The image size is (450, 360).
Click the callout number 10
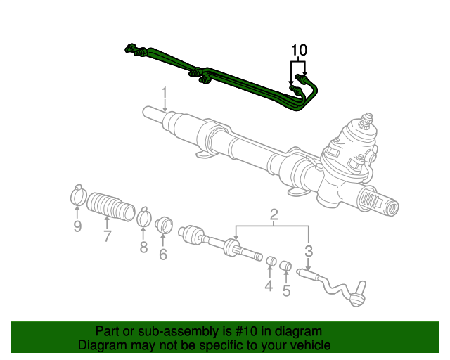(x=299, y=50)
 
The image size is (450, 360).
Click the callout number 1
(x=164, y=92)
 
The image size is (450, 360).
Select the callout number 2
(x=274, y=214)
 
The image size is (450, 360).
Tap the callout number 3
(x=308, y=251)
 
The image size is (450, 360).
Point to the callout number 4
(x=269, y=286)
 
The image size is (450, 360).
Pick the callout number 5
(x=286, y=290)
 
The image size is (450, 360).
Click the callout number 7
(x=107, y=236)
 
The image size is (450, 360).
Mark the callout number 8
(x=143, y=247)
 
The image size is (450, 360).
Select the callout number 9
(x=77, y=226)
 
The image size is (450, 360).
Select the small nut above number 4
(x=270, y=263)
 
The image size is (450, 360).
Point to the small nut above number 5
(x=286, y=266)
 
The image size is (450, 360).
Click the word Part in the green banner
(x=108, y=331)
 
